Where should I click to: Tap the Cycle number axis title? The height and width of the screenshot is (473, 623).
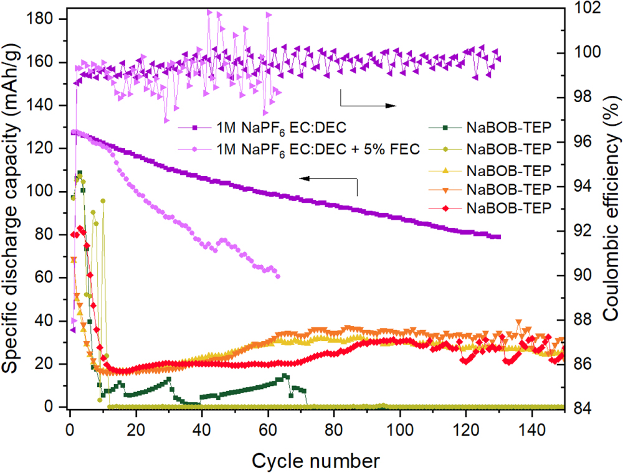coord(315,461)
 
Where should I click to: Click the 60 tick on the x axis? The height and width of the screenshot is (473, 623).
coord(268,424)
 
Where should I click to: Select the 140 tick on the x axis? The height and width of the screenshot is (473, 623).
coord(531,424)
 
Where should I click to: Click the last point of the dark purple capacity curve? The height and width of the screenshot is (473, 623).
coord(498,236)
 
